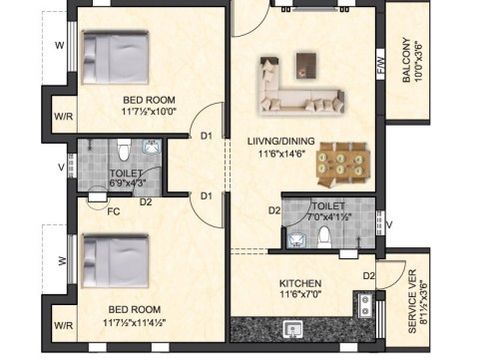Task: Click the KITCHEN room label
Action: click(x=300, y=283)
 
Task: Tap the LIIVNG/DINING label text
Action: click(x=281, y=141)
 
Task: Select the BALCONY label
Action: click(x=406, y=60)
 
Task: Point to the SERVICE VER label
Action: click(x=412, y=301)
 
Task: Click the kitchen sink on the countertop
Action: click(x=293, y=329)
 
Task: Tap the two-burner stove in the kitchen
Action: click(x=365, y=306)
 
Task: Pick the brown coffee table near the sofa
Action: click(x=306, y=66)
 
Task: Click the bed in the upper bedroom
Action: click(x=115, y=58)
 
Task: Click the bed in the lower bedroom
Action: click(x=115, y=261)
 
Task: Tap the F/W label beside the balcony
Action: click(x=381, y=65)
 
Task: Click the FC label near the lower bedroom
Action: click(x=114, y=211)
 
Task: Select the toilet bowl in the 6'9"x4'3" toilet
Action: click(x=124, y=150)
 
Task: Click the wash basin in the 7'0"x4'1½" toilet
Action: click(x=295, y=240)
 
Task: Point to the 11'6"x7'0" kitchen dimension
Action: click(x=300, y=294)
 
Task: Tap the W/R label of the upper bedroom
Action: click(x=64, y=117)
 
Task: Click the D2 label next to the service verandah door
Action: click(x=369, y=275)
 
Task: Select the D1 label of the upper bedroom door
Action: click(x=207, y=136)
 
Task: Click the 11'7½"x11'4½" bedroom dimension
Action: click(x=135, y=322)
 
